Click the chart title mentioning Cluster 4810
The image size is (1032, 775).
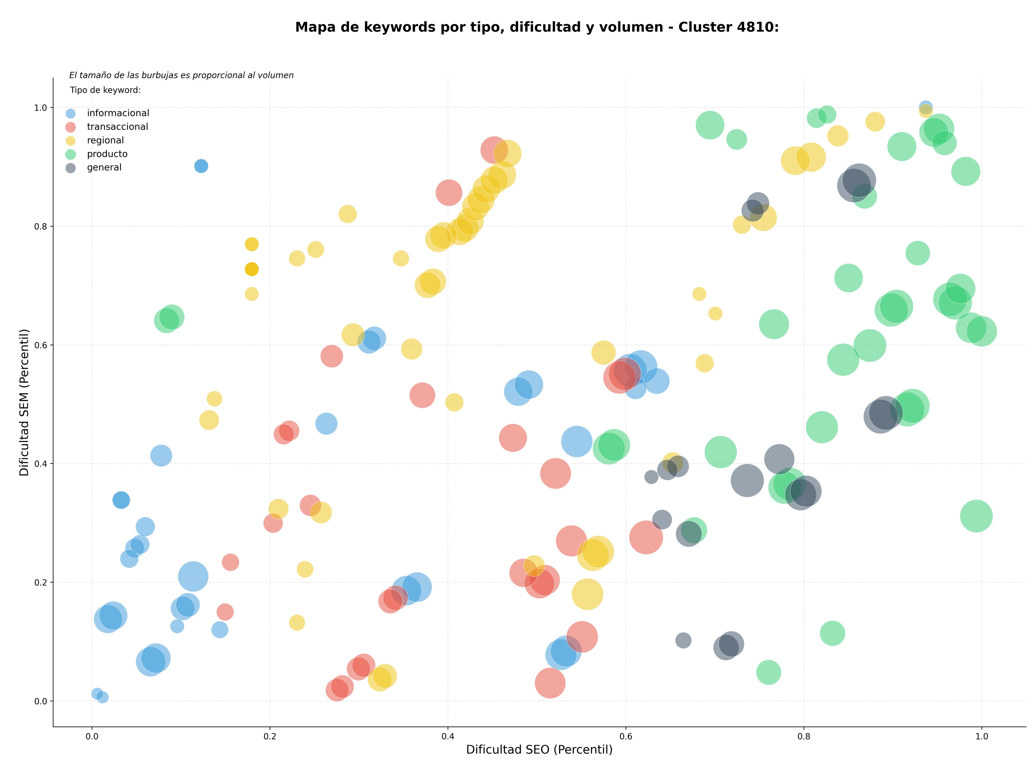coord(537,27)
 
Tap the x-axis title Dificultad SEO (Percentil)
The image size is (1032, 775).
coord(539,749)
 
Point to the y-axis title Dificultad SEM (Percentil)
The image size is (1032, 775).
coord(24,402)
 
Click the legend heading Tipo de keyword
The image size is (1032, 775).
coord(105,90)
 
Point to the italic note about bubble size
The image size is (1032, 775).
coord(181,75)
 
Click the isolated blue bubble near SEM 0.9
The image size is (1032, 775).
coord(201,166)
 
